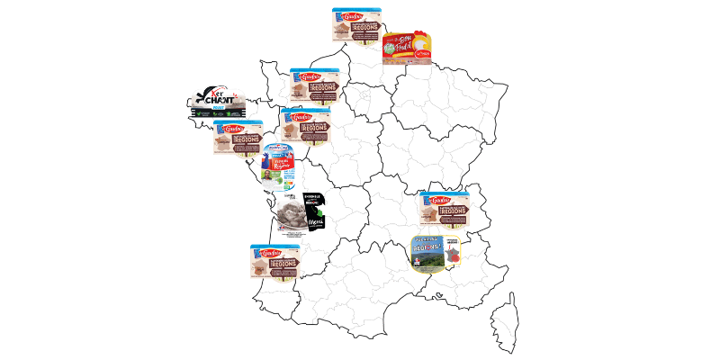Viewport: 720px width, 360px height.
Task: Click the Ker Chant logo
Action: click(x=216, y=103)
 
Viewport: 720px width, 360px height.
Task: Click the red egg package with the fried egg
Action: click(x=407, y=49)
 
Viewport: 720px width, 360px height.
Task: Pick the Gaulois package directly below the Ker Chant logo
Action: click(x=238, y=138)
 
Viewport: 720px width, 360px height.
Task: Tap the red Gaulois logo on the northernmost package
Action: click(x=347, y=15)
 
